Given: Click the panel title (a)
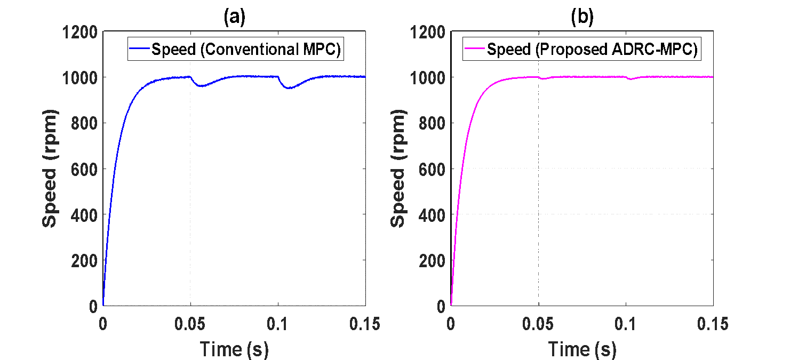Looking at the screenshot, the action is (x=235, y=17).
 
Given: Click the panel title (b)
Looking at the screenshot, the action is (x=582, y=17).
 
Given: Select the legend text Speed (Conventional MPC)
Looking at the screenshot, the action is (x=246, y=50).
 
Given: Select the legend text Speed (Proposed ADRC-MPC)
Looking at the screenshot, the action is (x=592, y=50).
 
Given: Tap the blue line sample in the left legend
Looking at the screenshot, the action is (x=140, y=49).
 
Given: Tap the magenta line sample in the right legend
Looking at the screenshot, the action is (x=475, y=49).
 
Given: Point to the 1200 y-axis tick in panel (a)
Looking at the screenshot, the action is (x=79, y=32).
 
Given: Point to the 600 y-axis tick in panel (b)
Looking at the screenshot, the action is (x=432, y=170).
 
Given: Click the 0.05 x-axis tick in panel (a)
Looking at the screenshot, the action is (x=190, y=324).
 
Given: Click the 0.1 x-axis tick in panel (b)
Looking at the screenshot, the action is (x=625, y=324).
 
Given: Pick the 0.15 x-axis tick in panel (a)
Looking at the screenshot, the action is (x=365, y=324).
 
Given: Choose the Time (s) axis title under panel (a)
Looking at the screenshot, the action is (x=234, y=349).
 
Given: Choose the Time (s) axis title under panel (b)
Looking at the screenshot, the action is (x=582, y=349).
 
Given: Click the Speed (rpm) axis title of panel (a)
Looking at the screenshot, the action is (x=50, y=169).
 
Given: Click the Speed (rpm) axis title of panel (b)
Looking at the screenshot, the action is (x=398, y=169).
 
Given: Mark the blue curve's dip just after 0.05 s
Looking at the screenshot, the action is (x=202, y=86).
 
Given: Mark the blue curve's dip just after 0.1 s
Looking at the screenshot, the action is (x=289, y=88).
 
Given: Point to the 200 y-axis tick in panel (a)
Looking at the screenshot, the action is (x=84, y=261).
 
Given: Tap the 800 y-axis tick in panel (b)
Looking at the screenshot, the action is (x=432, y=124).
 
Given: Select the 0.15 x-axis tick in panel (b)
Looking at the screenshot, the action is (x=713, y=324).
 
